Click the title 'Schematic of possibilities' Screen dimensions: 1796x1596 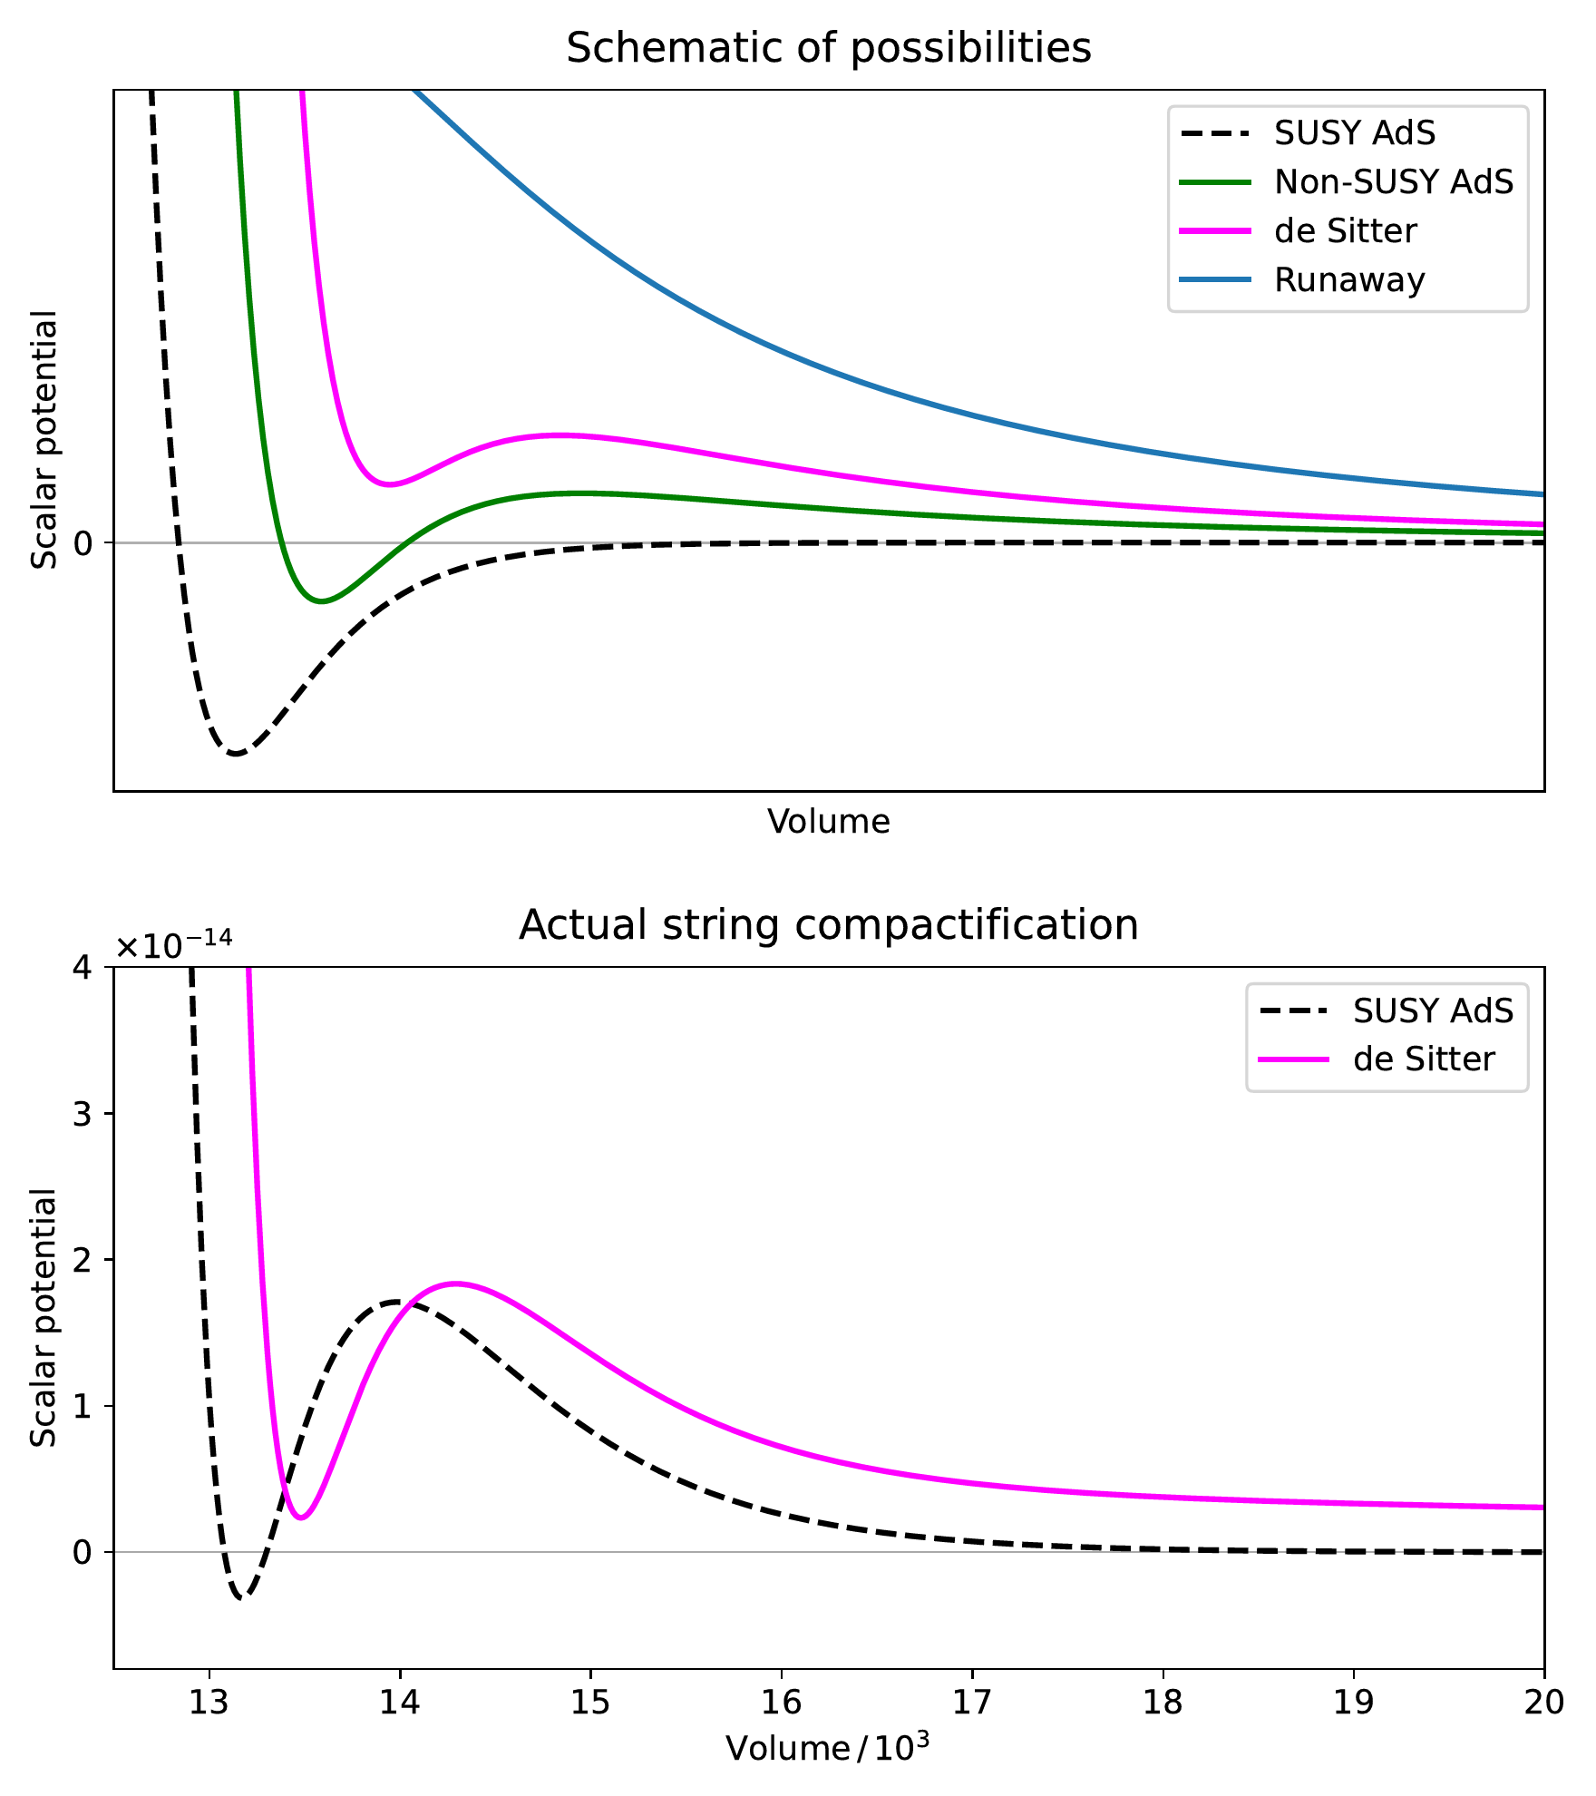[828, 47]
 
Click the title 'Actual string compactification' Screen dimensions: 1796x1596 [828, 925]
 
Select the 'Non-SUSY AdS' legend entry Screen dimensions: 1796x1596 [1393, 182]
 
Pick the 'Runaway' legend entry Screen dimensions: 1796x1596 [1348, 280]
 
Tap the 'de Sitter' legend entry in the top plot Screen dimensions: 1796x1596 [1345, 231]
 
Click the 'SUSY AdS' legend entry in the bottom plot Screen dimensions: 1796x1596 [1433, 1010]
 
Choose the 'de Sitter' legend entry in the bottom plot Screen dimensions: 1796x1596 [1424, 1059]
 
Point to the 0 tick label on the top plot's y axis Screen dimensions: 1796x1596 [84, 544]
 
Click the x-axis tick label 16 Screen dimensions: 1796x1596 [781, 1703]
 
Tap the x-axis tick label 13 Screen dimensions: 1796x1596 [209, 1703]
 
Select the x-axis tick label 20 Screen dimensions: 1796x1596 [1543, 1703]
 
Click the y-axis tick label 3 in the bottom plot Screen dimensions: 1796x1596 [83, 1115]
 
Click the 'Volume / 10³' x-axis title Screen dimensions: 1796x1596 [828, 1747]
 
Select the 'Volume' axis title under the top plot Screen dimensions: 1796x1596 [828, 822]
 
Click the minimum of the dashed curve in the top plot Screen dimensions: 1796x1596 [237, 753]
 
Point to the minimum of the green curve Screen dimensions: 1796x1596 [321, 600]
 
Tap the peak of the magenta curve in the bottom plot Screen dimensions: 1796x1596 [455, 1284]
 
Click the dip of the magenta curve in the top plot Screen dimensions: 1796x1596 [389, 484]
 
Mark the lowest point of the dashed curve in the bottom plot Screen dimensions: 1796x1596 [241, 1597]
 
